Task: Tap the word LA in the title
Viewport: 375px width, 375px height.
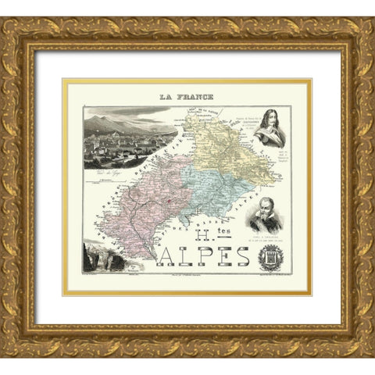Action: point(166,97)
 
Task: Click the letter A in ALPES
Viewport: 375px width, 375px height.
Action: point(169,256)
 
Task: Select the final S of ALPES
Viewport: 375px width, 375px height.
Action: point(242,256)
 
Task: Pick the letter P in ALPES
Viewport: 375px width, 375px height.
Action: point(205,256)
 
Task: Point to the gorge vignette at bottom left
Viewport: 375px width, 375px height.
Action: point(104,257)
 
